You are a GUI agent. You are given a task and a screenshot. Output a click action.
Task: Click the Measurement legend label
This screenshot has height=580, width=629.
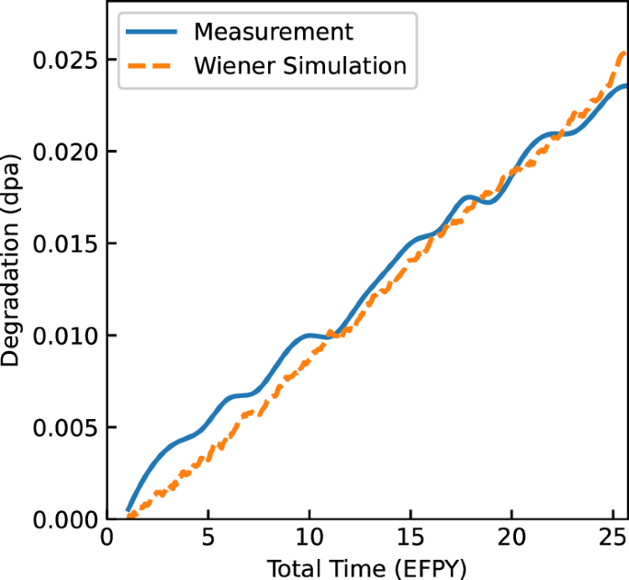pos(273,31)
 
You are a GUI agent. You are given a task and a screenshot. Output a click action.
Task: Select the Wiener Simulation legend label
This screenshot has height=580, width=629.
pos(299,66)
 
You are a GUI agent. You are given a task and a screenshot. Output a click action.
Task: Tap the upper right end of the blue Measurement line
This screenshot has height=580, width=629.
pos(625,85)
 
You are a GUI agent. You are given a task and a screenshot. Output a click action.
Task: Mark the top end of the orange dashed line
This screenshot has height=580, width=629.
pos(625,52)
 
